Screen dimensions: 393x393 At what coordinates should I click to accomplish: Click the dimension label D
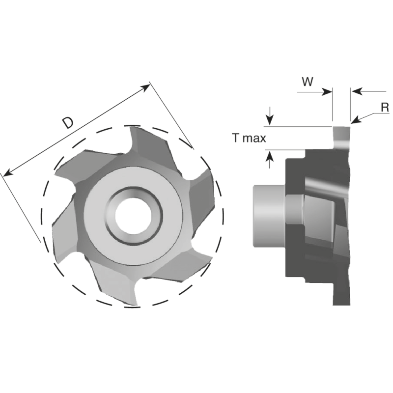(69, 123)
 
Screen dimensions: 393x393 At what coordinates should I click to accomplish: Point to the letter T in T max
(236, 139)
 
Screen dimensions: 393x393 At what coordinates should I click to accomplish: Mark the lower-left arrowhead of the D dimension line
(7, 173)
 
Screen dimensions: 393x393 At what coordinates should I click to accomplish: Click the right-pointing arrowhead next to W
(328, 91)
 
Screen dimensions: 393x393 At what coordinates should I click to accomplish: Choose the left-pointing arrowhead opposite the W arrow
(357, 91)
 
